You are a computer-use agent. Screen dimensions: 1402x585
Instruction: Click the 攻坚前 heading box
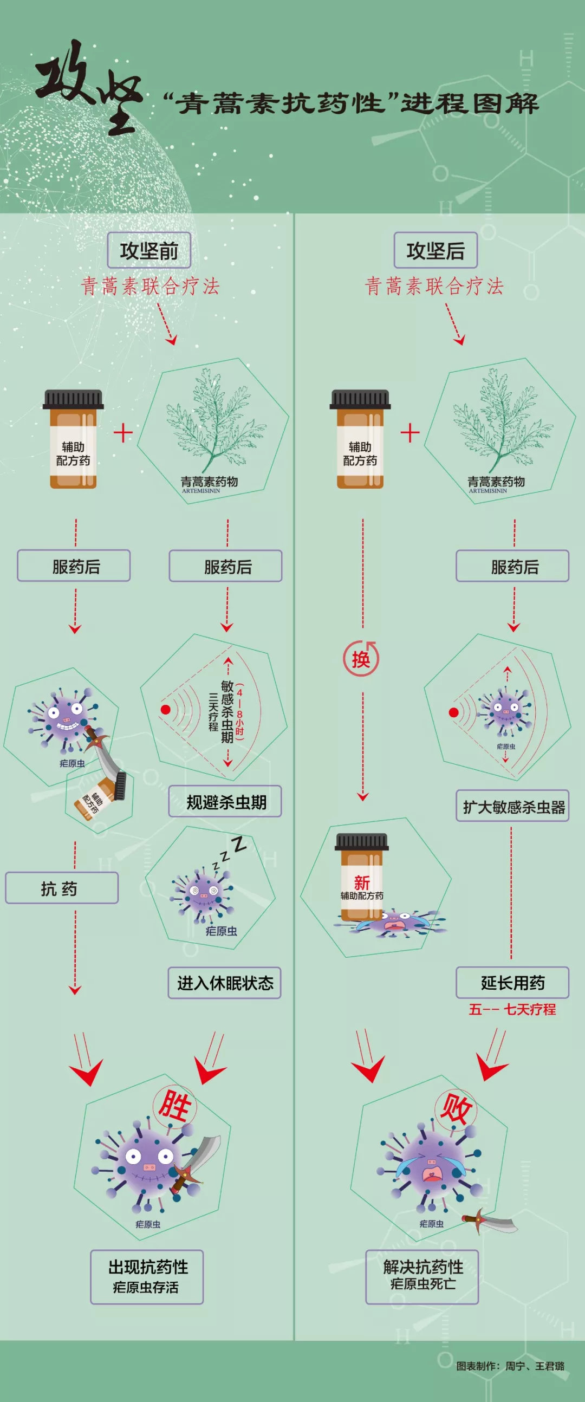click(x=148, y=250)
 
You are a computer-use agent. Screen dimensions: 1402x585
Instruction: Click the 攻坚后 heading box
click(x=435, y=250)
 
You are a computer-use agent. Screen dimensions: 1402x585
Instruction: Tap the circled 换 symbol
click(x=361, y=659)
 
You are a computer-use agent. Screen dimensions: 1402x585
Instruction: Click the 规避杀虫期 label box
click(x=225, y=802)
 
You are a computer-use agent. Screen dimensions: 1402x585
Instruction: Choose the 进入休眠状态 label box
click(x=224, y=982)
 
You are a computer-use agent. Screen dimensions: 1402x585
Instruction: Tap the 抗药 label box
click(x=62, y=888)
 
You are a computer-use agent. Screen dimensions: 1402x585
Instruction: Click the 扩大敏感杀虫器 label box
click(x=512, y=806)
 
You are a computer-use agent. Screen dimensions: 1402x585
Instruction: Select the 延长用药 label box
click(x=512, y=982)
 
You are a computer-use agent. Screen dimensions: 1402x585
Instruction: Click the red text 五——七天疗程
click(x=512, y=1010)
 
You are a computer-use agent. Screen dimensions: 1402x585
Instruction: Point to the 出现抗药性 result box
click(x=147, y=1276)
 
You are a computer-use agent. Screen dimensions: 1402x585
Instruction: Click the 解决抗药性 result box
click(x=422, y=1276)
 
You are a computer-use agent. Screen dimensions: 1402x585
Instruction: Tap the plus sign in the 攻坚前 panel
click(x=123, y=433)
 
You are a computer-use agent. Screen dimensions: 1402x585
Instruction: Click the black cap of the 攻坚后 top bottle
click(x=360, y=399)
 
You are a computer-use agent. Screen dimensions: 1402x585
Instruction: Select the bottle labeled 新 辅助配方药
click(x=361, y=873)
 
